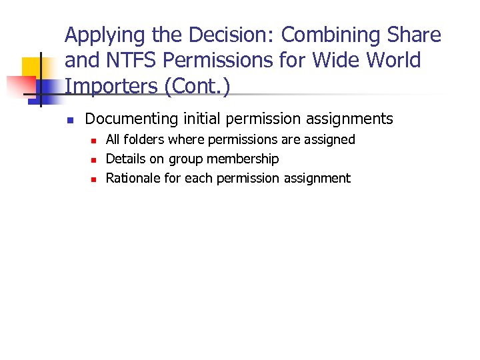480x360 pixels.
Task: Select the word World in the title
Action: click(x=394, y=61)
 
